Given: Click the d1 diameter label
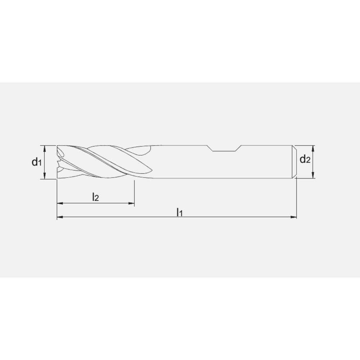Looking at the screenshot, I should (x=36, y=162).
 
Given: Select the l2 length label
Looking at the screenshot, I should (x=95, y=197).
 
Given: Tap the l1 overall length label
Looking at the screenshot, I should (x=180, y=212).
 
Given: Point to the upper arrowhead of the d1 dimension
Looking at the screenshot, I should (x=45, y=147).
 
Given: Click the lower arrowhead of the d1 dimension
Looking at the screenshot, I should (x=45, y=176).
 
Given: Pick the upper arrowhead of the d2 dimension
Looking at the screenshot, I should (x=313, y=148).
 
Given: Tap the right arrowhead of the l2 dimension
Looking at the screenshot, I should (x=132, y=204).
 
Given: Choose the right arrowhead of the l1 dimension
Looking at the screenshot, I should (x=294, y=217).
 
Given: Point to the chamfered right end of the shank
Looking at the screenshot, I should (x=294, y=162).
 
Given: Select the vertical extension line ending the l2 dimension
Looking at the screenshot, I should (x=134, y=193).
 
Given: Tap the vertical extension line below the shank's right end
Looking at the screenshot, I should (x=296, y=198).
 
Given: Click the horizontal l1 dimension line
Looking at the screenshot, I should (x=234, y=217).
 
